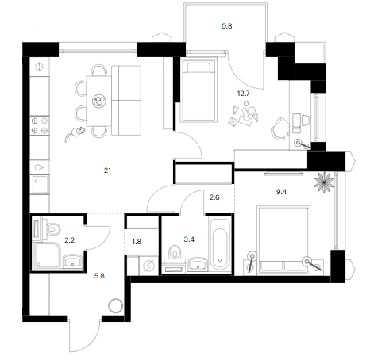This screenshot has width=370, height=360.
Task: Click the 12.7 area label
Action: tap(243, 94)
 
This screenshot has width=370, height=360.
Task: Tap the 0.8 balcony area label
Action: tap(227, 26)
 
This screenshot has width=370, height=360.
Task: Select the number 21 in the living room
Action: tap(107, 170)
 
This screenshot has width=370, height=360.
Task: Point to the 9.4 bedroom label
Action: tap(281, 192)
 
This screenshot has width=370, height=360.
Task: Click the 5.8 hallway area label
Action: tap(99, 276)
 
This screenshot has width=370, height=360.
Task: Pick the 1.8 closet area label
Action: tap(137, 242)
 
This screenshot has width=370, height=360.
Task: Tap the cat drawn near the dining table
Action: tap(75, 133)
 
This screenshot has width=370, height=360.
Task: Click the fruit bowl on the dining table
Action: tap(99, 101)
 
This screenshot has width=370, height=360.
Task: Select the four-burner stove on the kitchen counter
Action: tap(40, 125)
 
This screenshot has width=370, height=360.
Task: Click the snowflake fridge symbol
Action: tap(40, 67)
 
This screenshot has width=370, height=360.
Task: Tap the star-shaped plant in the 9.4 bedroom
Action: tap(324, 182)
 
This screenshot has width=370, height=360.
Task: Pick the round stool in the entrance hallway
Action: tap(116, 306)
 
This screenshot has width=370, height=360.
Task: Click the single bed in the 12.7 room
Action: tap(198, 90)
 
